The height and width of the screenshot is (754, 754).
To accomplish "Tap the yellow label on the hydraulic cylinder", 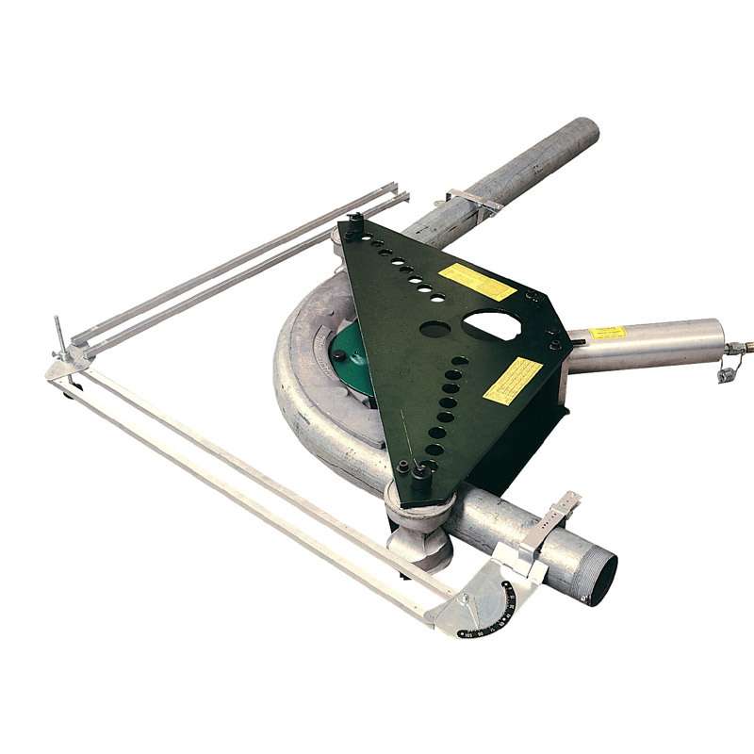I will pyautogui.click(x=608, y=333).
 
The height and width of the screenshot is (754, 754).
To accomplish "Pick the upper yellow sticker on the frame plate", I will pyautogui.click(x=477, y=281).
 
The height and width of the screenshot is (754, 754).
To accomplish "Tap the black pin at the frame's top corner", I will pyautogui.click(x=354, y=226).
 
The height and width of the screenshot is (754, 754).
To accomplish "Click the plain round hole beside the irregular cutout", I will pyautogui.click(x=434, y=329).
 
